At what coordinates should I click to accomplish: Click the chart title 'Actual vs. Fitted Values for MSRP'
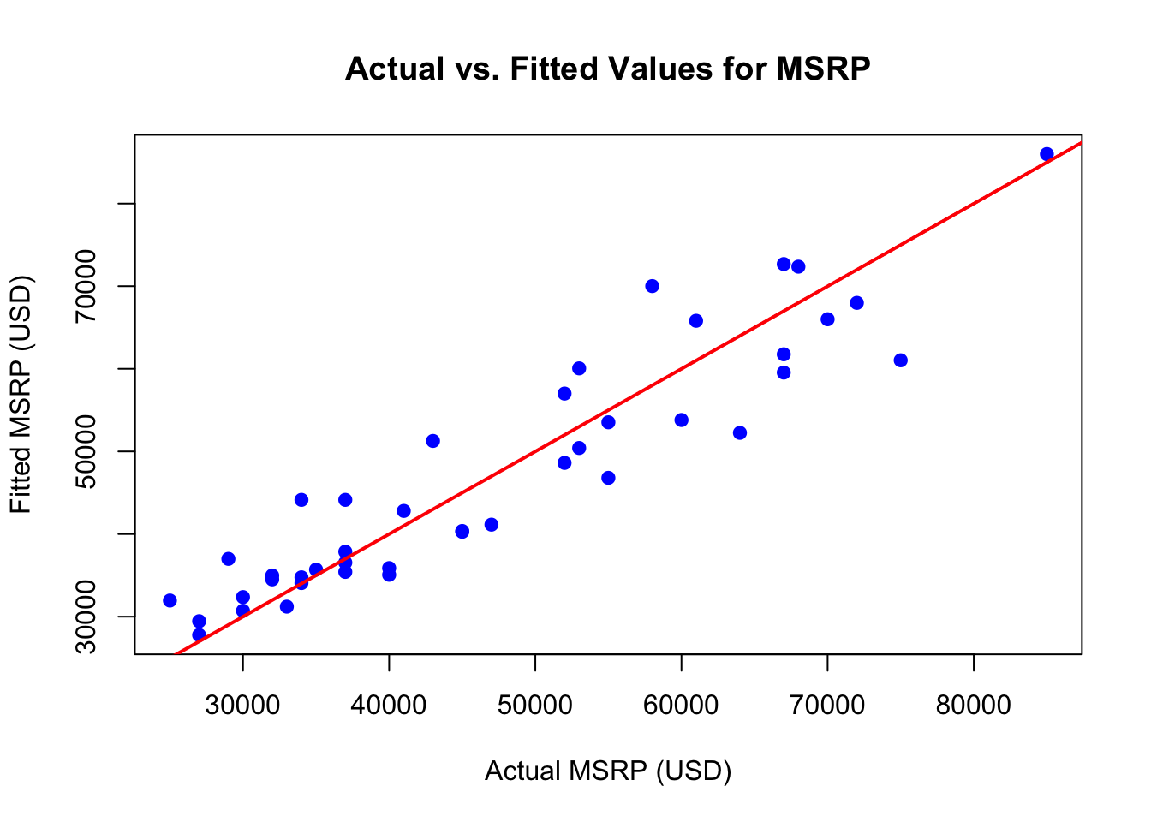click(607, 68)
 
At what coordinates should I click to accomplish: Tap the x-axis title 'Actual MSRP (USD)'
click(608, 771)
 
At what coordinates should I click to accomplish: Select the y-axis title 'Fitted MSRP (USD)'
click(21, 395)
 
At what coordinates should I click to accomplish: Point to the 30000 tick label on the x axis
click(242, 706)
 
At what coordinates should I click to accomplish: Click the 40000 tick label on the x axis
click(389, 706)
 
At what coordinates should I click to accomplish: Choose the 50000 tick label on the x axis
click(535, 706)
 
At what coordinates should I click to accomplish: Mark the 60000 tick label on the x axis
click(681, 706)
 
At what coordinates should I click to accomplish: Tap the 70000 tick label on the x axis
click(827, 706)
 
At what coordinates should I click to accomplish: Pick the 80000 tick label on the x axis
click(973, 706)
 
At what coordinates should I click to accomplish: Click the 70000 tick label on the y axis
click(86, 286)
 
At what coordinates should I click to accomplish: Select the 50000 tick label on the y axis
click(86, 451)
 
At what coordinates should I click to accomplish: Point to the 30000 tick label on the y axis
click(86, 616)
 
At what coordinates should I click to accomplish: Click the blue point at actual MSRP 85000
click(1047, 154)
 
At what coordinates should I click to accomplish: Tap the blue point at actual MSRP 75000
click(900, 360)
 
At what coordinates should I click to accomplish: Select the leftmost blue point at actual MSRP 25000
click(170, 601)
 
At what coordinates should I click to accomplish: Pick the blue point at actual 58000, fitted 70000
click(652, 286)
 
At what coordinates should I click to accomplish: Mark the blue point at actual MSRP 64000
click(740, 433)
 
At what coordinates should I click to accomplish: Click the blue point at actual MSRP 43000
click(432, 441)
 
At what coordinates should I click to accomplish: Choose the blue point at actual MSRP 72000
click(856, 303)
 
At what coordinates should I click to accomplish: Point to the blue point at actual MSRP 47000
click(491, 525)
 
